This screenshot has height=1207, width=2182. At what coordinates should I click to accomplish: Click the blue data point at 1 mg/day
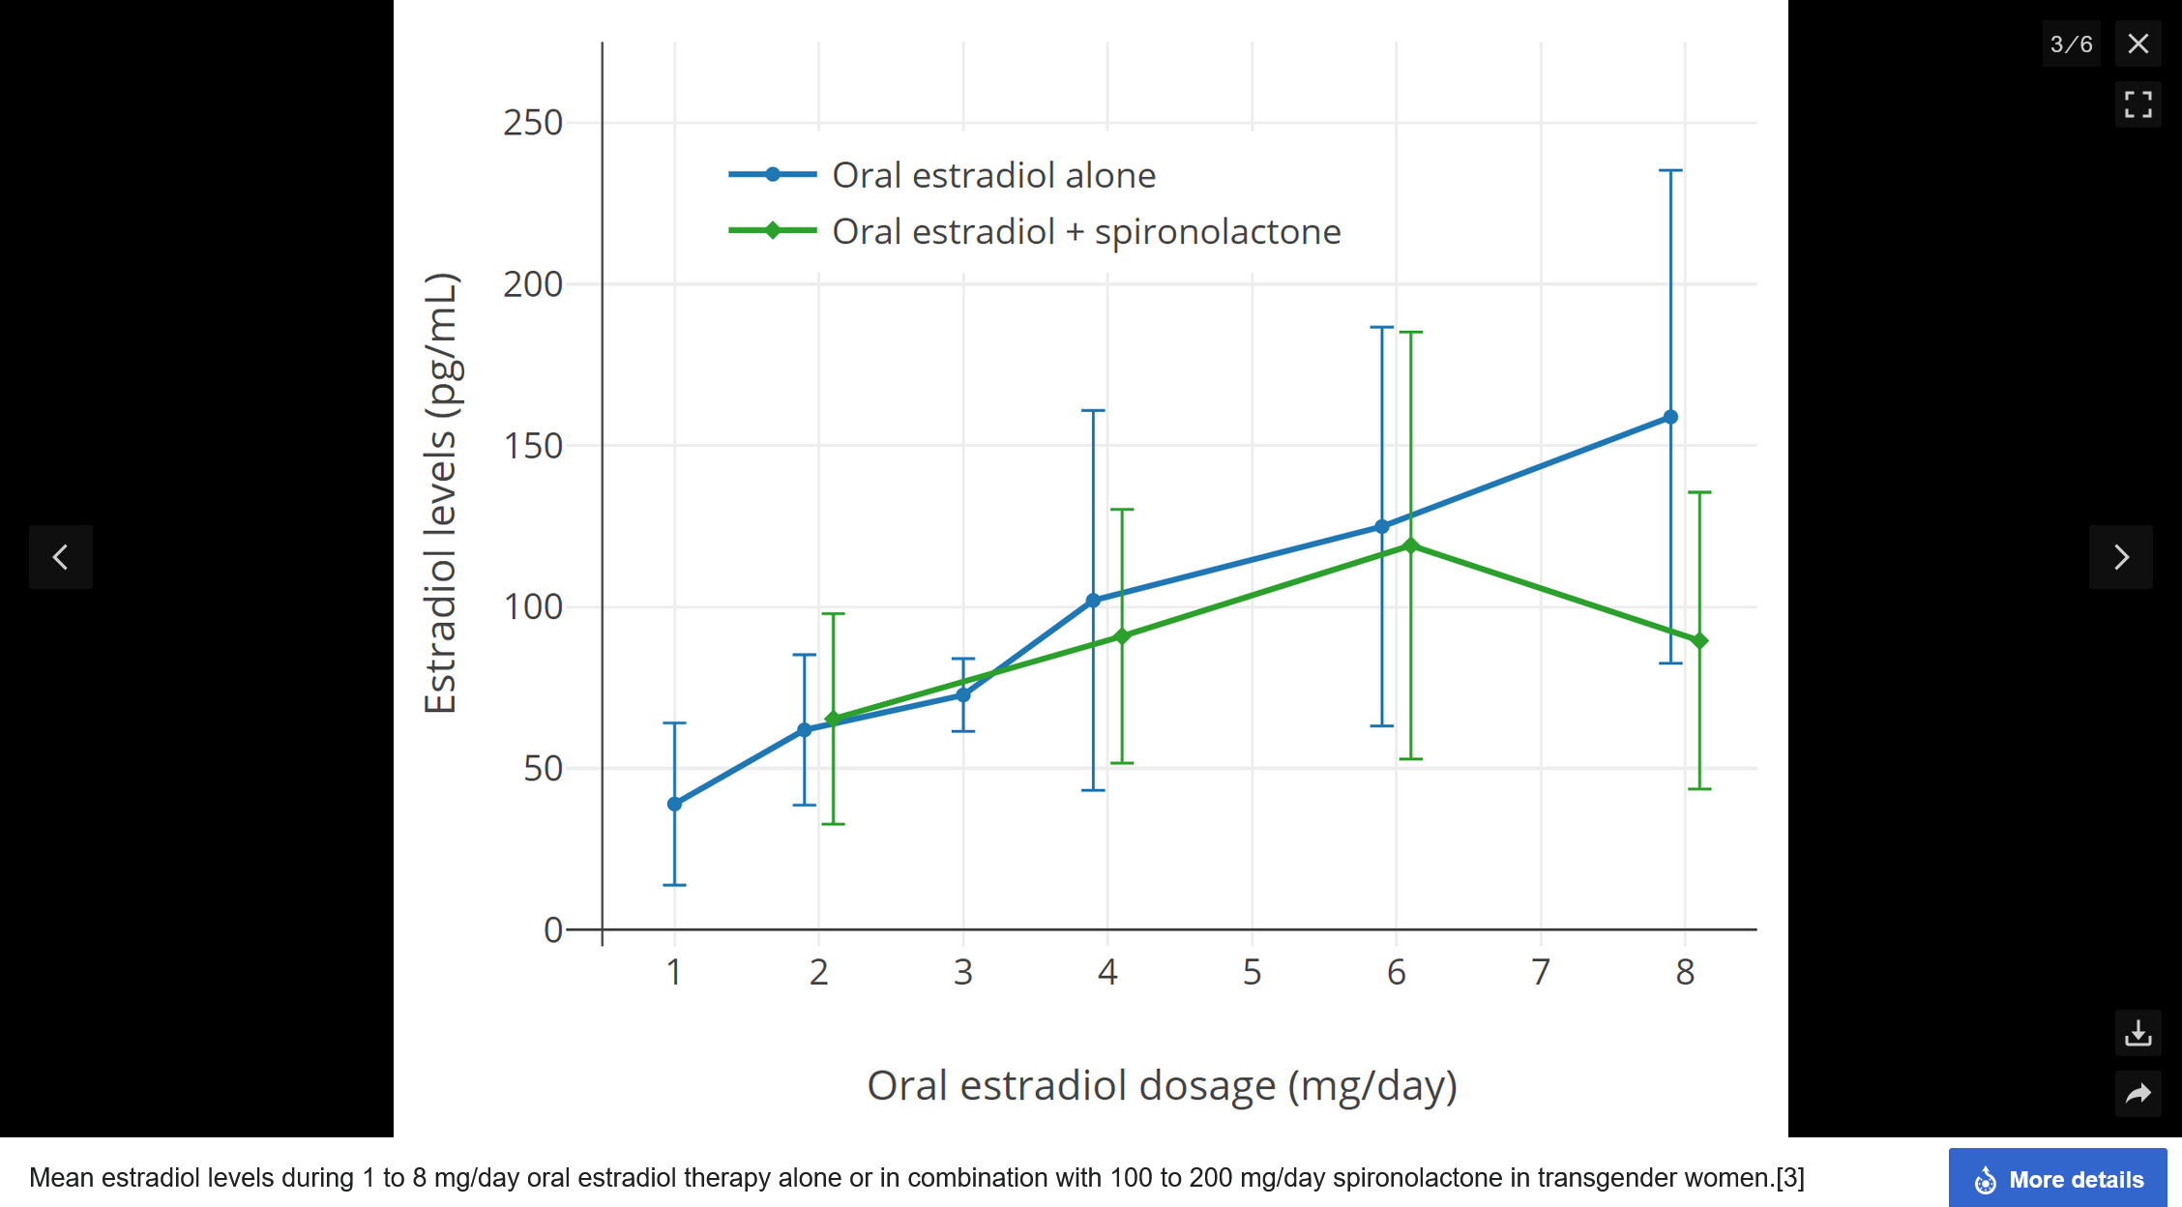674,804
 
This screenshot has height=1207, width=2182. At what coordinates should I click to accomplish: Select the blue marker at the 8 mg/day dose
1670,417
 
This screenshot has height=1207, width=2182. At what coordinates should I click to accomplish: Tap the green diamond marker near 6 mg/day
1411,545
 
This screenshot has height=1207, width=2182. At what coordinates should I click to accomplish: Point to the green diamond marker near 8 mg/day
1699,640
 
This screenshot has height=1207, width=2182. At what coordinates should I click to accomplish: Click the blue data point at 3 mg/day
962,694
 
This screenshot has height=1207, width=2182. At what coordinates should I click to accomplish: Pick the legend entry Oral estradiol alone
993,175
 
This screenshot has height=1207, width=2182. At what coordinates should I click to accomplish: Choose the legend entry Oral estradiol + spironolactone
1085,231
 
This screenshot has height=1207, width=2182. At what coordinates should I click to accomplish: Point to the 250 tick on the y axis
533,123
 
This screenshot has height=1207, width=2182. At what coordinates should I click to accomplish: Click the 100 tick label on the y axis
533,606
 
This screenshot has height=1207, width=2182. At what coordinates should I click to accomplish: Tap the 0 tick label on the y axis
553,929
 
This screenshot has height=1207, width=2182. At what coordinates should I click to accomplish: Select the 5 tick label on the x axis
1252,972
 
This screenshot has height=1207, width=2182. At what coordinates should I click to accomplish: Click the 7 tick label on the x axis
1540,972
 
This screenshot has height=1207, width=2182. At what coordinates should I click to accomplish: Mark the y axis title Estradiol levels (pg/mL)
441,493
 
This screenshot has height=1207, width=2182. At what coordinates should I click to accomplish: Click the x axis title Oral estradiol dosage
1162,1085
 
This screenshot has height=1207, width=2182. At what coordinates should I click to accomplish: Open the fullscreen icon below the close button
2138,103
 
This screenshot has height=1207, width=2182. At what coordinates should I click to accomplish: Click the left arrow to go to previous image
61,557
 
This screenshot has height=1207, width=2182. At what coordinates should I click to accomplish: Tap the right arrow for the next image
2120,557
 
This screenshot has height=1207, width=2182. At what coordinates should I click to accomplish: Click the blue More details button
2057,1179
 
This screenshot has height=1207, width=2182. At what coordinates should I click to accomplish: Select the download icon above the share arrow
2138,1033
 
